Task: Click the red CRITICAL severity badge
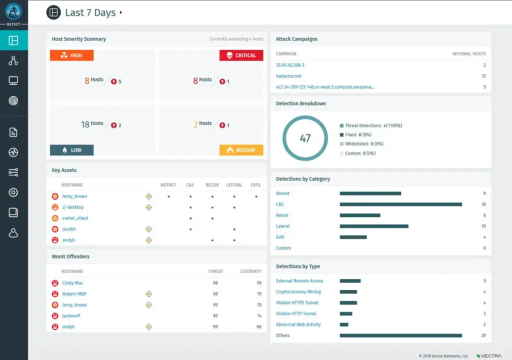(x=241, y=55)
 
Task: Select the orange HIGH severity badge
(x=71, y=55)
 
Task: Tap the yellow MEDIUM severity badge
(x=241, y=150)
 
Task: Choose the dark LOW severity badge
(x=71, y=150)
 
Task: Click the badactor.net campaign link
(x=288, y=76)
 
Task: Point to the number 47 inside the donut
(x=305, y=138)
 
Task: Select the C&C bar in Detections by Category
(x=400, y=204)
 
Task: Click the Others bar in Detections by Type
(x=400, y=335)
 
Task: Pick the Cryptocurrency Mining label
(x=298, y=291)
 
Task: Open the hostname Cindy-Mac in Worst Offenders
(x=72, y=283)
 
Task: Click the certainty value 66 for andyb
(x=258, y=327)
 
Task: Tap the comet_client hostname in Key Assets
(x=75, y=218)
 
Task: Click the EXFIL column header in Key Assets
(x=255, y=185)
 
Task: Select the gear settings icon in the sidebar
(x=13, y=192)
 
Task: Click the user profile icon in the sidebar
(x=13, y=233)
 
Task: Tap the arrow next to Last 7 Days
(x=121, y=13)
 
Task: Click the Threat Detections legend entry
(x=373, y=125)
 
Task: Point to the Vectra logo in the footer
(x=489, y=355)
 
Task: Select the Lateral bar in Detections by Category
(x=373, y=226)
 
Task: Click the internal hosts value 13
(x=483, y=76)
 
